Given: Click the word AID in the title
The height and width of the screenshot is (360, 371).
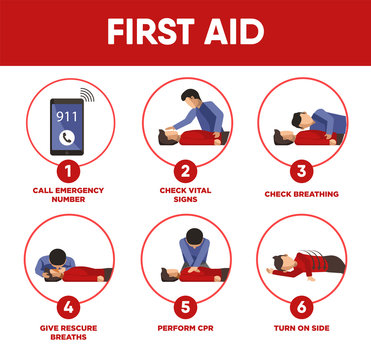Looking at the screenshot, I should pyautogui.click(x=233, y=32).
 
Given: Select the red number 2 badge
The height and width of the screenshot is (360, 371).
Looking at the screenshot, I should pyautogui.click(x=186, y=171).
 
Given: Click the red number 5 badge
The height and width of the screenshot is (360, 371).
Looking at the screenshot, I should pyautogui.click(x=186, y=306).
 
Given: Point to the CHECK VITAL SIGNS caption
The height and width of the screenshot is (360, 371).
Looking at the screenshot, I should pyautogui.click(x=186, y=195).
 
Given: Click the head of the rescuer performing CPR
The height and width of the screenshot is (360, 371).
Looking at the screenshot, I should pyautogui.click(x=190, y=241).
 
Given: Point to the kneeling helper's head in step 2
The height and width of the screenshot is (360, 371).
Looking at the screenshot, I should pyautogui.click(x=190, y=97).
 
